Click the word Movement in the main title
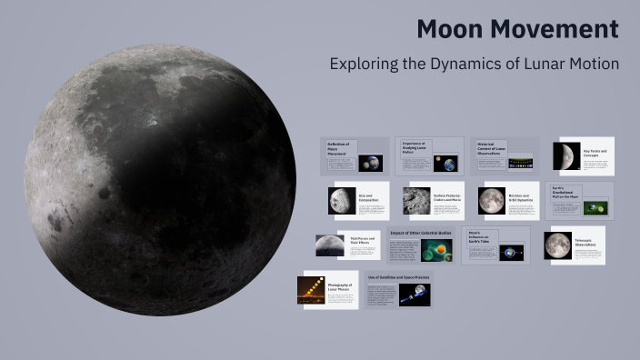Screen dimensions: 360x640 (560, 29)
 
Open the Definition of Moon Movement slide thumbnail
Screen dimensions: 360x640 (354, 155)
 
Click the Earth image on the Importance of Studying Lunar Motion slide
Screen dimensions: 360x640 (445, 164)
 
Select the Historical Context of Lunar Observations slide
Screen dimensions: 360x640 (505, 155)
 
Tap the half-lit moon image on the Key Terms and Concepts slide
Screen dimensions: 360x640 (567, 156)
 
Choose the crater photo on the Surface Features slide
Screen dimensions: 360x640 (417, 201)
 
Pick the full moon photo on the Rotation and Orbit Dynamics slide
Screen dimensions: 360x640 (492, 201)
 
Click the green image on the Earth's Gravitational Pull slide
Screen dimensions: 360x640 (595, 207)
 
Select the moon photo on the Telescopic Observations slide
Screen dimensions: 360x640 (558, 245)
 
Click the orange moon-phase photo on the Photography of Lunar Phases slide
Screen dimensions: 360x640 (311, 290)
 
